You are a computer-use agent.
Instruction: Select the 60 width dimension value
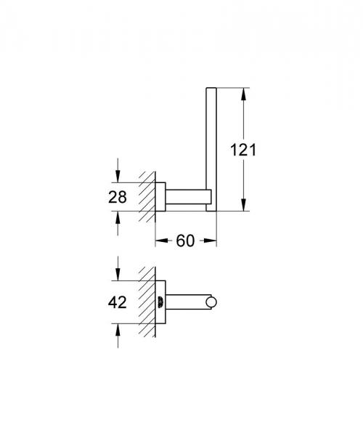coord(186,241)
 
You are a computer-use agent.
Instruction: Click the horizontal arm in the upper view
coord(187,196)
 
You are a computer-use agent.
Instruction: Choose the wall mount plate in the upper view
coord(163,195)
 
